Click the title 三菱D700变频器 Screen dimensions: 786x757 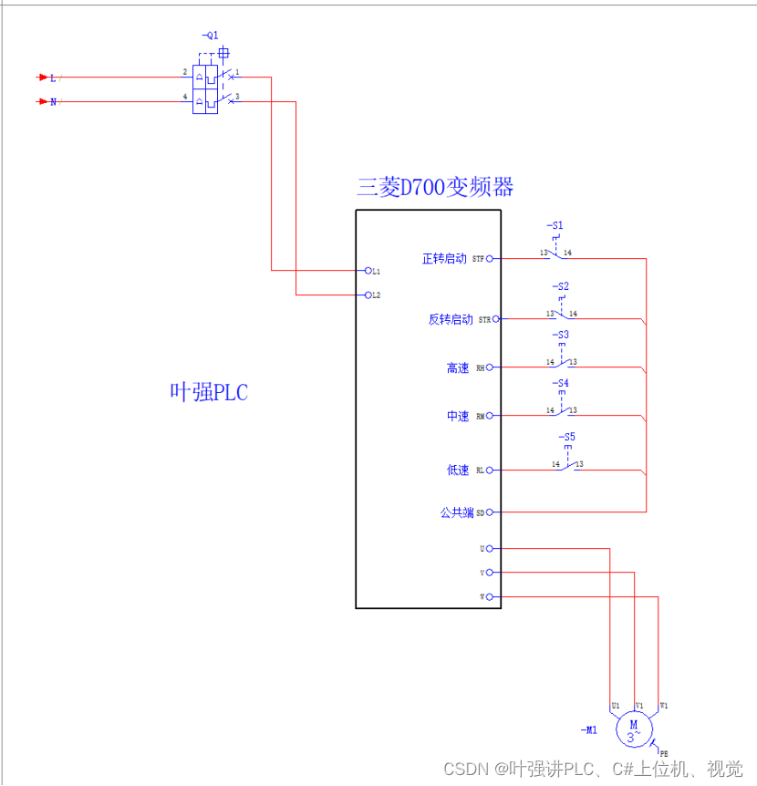click(x=435, y=188)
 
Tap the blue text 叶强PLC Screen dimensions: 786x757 click(x=209, y=393)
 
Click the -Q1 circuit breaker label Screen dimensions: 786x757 click(x=210, y=36)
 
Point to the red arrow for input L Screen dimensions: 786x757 click(x=42, y=78)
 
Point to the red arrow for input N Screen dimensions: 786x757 click(x=42, y=101)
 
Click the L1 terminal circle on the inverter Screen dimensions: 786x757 click(x=368, y=271)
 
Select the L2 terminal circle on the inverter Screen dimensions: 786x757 click(x=368, y=295)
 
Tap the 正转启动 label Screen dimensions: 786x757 click(x=444, y=259)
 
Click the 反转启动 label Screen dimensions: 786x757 click(x=451, y=320)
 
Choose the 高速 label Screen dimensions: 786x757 click(x=458, y=368)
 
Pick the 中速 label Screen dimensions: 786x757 click(x=458, y=417)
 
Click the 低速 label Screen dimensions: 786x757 click(x=458, y=471)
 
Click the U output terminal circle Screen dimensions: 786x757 click(x=490, y=549)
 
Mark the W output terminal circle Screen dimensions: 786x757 click(x=490, y=597)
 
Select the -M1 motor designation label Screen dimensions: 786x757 click(x=588, y=730)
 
